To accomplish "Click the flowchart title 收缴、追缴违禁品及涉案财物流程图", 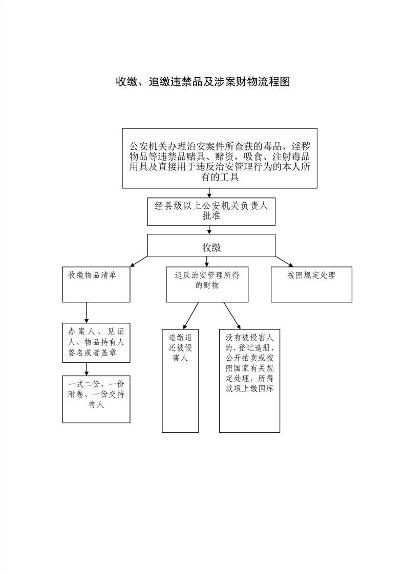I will [x=203, y=82].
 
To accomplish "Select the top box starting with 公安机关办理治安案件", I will [x=220, y=158].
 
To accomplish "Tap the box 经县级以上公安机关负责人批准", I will [x=211, y=211].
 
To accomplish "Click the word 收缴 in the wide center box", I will [x=211, y=247].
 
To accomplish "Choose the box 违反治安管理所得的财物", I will [x=207, y=284].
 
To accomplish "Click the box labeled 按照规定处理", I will [x=311, y=284].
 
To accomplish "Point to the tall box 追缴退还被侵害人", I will [x=180, y=380].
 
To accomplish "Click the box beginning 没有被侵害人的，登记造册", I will [x=249, y=380].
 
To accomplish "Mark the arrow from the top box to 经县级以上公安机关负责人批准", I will [x=209, y=193].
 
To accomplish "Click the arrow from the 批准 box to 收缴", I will [x=209, y=230].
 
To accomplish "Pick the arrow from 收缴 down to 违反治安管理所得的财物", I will [x=207, y=261].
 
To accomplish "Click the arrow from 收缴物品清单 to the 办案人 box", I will [x=87, y=313].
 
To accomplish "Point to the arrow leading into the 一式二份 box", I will [x=87, y=368].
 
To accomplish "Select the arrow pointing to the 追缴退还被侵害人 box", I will [x=191, y=315].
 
